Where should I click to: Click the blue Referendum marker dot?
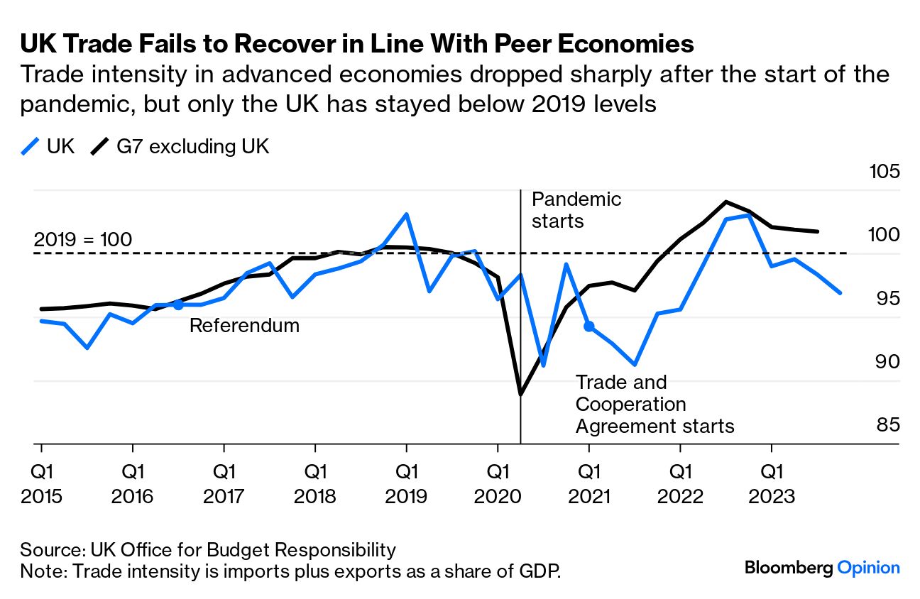178,304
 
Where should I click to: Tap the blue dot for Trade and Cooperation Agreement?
588,326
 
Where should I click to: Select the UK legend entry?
48,147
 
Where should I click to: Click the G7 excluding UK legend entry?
180,147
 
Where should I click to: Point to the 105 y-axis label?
884,172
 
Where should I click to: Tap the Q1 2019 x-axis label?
406,483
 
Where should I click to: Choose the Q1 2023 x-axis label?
772,483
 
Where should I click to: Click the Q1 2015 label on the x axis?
41,483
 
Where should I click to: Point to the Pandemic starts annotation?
576,209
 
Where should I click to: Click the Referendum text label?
244,326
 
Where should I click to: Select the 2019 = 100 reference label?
83,240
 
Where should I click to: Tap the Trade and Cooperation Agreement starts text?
654,404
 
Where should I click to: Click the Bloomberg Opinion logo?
822,568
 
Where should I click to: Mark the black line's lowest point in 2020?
520,395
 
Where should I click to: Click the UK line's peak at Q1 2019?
406,214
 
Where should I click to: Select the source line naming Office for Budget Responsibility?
207,549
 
